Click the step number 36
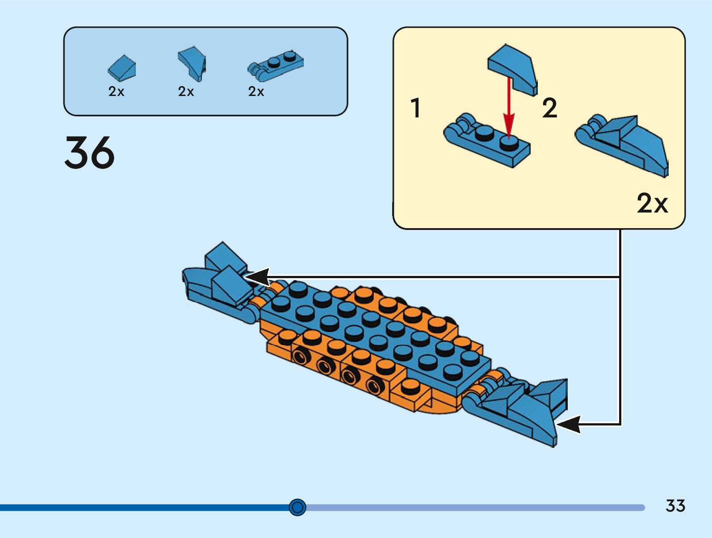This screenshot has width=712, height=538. pyautogui.click(x=89, y=153)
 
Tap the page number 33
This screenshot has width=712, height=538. pyautogui.click(x=675, y=506)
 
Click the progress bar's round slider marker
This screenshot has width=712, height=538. pyautogui.click(x=297, y=507)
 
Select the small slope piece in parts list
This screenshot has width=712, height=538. pyautogui.click(x=122, y=67)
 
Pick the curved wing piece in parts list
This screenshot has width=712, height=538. pyautogui.click(x=193, y=63)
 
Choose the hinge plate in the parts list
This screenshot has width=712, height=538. pyautogui.click(x=276, y=66)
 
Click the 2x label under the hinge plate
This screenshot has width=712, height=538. pyautogui.click(x=256, y=92)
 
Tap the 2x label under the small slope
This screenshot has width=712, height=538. pyautogui.click(x=116, y=92)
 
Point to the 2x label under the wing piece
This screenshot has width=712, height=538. pyautogui.click(x=186, y=92)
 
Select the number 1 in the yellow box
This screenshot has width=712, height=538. pyautogui.click(x=416, y=108)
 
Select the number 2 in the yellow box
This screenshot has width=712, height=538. pyautogui.click(x=549, y=108)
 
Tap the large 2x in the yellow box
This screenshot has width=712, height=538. pyautogui.click(x=652, y=204)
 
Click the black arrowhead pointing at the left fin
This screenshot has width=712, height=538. pyautogui.click(x=258, y=277)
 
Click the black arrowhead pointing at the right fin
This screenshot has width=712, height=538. pyautogui.click(x=569, y=424)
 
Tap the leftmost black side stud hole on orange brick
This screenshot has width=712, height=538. pyautogui.click(x=300, y=356)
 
